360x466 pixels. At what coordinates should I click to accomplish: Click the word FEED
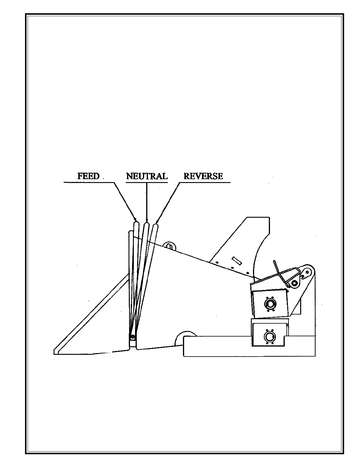point(88,176)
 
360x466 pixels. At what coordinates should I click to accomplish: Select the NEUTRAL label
point(147,176)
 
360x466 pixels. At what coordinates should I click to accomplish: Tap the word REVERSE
point(203,176)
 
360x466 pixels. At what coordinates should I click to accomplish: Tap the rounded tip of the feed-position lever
point(136,224)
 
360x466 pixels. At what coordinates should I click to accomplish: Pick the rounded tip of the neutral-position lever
point(146,225)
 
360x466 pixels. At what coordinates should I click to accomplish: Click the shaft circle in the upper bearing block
point(269,304)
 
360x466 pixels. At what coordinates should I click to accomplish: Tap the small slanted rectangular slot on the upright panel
point(236,260)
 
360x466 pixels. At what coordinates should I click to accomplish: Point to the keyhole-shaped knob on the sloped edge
point(169,245)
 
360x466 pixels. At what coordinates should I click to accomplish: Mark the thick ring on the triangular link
point(293,284)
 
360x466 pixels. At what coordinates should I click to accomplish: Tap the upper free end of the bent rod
point(274,261)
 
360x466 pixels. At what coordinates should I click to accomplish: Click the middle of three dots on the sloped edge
point(232,268)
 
